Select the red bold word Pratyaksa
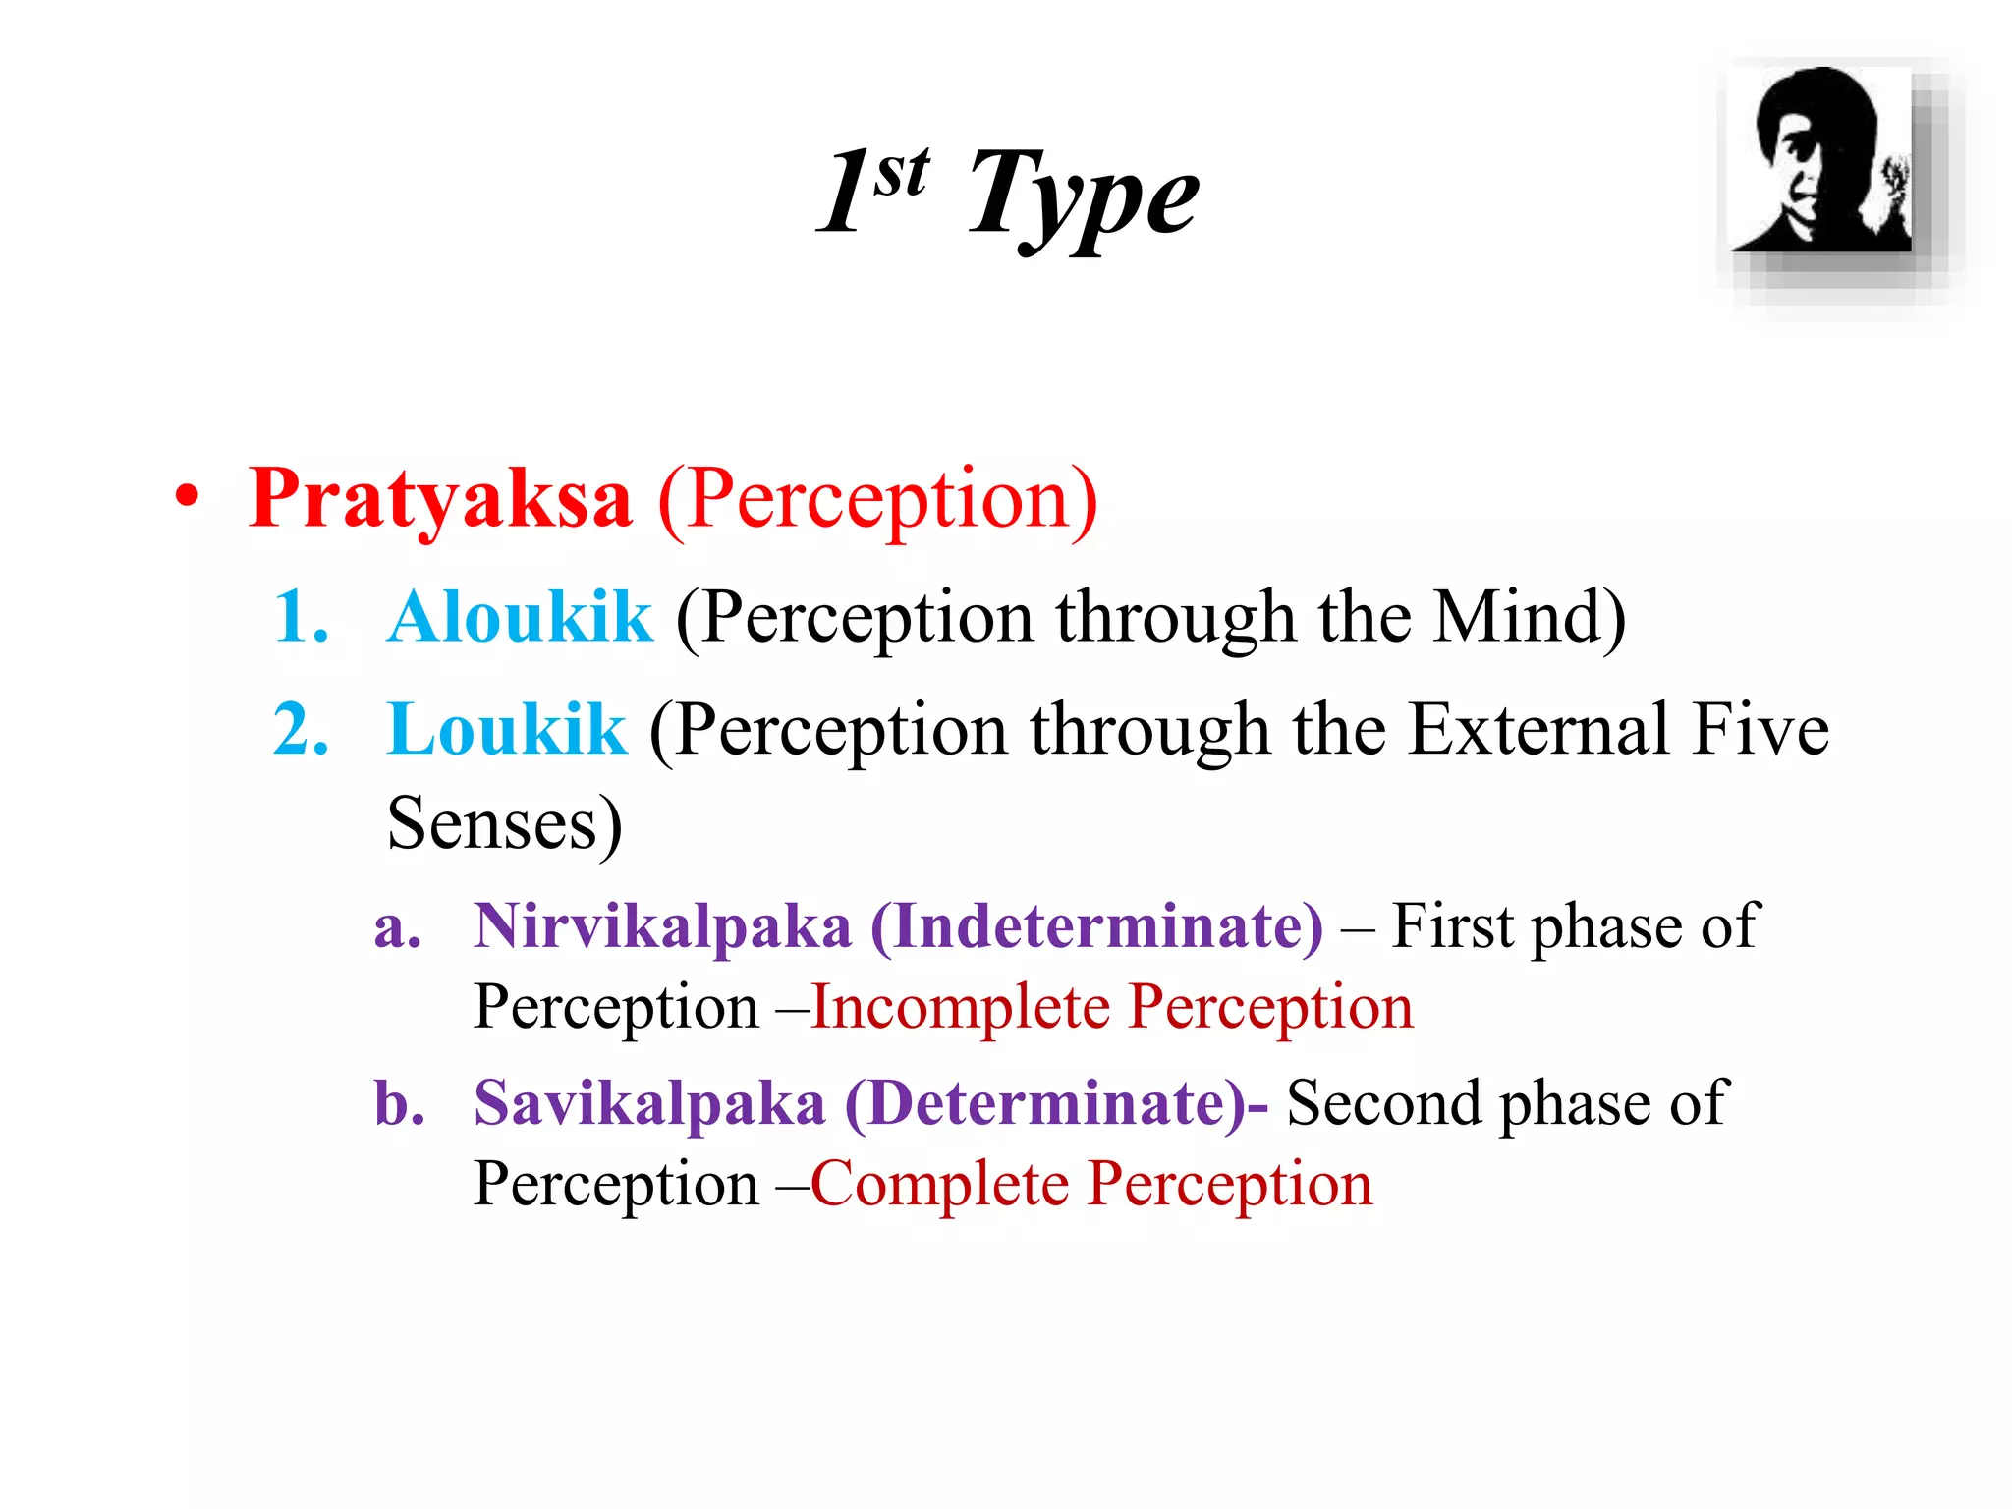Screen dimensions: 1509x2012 [x=440, y=499]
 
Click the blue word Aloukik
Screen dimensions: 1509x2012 [x=520, y=617]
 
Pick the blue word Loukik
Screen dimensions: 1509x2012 [x=507, y=729]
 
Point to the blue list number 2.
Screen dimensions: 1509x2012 [x=301, y=729]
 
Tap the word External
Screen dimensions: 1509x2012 [x=1538, y=729]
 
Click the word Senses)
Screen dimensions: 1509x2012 [x=504, y=823]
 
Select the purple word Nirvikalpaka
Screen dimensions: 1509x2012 [x=662, y=925]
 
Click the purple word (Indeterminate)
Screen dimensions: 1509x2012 [x=1096, y=925]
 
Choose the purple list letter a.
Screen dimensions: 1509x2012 [x=397, y=927]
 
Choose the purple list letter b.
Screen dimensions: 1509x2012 [x=399, y=1102]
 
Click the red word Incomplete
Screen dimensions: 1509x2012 [x=961, y=1007]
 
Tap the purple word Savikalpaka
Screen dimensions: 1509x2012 [x=649, y=1102]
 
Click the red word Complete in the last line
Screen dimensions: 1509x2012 [x=939, y=1184]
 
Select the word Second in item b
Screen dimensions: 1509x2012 [x=1384, y=1102]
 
